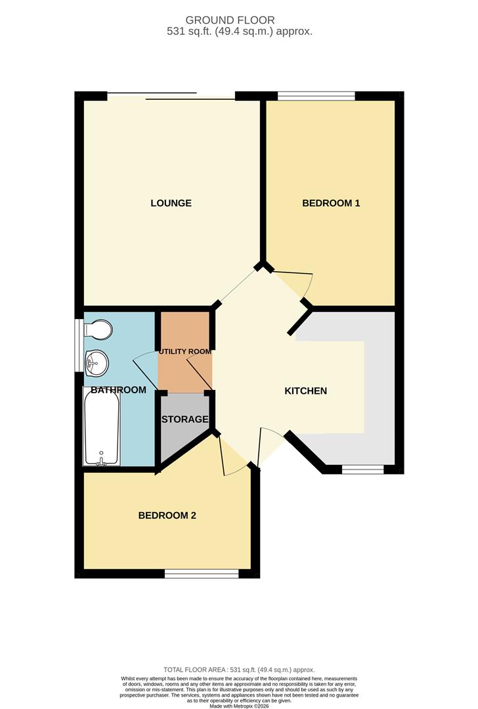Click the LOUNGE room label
171,203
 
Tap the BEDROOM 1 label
331,203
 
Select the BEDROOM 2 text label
167,515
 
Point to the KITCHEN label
305,391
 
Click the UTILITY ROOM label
185,351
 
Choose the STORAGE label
185,419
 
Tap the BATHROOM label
118,390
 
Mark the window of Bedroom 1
316,96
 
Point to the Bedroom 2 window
202,574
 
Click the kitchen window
362,469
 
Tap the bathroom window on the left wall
79,345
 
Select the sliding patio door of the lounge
171,97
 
